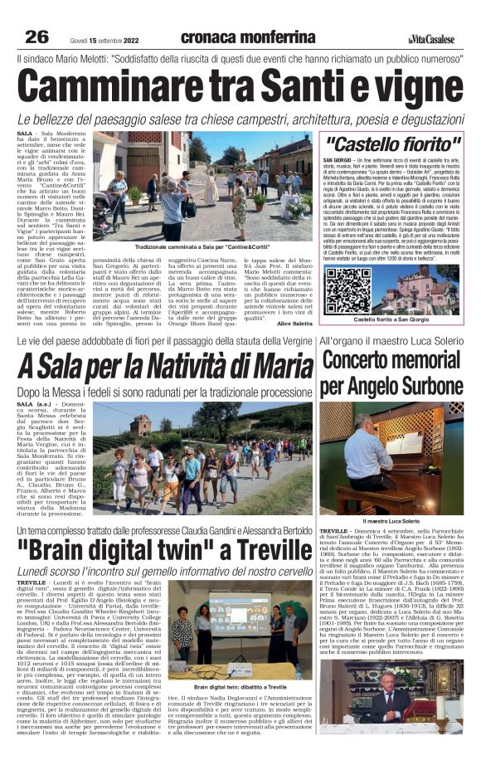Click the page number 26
pyautogui.click(x=36, y=37)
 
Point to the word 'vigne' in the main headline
pyautogui.click(x=410, y=88)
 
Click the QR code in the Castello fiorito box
pyautogui.click(x=349, y=289)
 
